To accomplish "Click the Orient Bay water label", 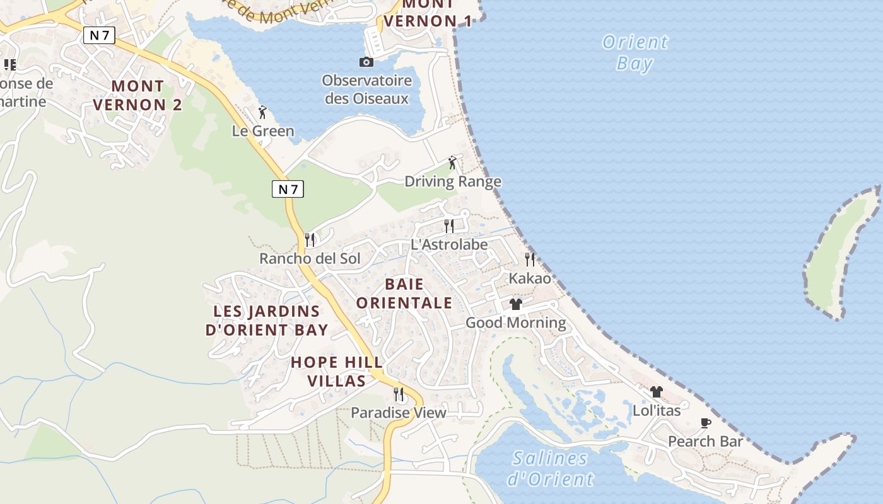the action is pyautogui.click(x=634, y=53).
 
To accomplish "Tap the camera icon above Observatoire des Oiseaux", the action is pyautogui.click(x=366, y=62).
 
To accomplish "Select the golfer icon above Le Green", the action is pyautogui.click(x=262, y=113).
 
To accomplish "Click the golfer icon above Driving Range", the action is pyautogui.click(x=452, y=163).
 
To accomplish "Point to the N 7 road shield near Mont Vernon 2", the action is pyautogui.click(x=99, y=35).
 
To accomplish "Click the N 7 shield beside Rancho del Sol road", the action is pyautogui.click(x=288, y=188).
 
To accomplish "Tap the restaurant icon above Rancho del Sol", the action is pyautogui.click(x=310, y=240).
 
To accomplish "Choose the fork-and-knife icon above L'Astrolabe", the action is pyautogui.click(x=448, y=226).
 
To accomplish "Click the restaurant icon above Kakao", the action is pyautogui.click(x=530, y=259).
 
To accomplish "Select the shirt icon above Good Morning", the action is pyautogui.click(x=516, y=304).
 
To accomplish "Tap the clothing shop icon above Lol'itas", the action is pyautogui.click(x=657, y=392).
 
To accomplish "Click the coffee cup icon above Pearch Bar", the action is pyautogui.click(x=706, y=423).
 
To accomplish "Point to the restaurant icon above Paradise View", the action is pyautogui.click(x=399, y=394).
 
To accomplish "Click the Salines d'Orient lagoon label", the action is pyautogui.click(x=550, y=468).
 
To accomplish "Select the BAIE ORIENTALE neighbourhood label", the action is pyautogui.click(x=404, y=294).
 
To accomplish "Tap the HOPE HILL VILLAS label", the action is pyautogui.click(x=337, y=371).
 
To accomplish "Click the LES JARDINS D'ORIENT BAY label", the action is pyautogui.click(x=267, y=320).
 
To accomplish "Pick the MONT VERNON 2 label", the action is pyautogui.click(x=137, y=95).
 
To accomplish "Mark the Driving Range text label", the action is pyautogui.click(x=453, y=182).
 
